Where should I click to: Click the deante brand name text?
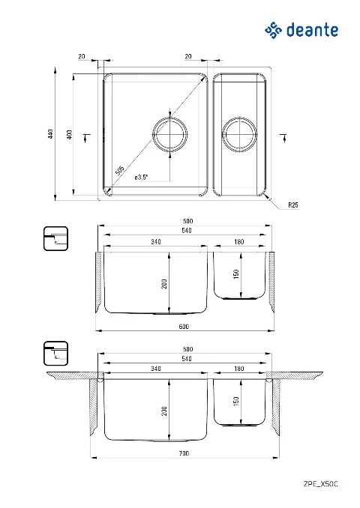(x=312, y=30)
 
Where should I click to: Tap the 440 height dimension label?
(x=50, y=134)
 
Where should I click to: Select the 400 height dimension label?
(x=70, y=134)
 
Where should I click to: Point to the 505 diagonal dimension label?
(x=120, y=170)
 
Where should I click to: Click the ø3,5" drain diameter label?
(x=141, y=178)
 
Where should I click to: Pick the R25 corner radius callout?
(x=292, y=205)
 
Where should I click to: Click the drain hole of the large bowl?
(x=170, y=134)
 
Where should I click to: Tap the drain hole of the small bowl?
(x=239, y=134)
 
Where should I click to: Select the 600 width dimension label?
(x=184, y=326)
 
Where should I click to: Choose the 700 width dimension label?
(x=184, y=453)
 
